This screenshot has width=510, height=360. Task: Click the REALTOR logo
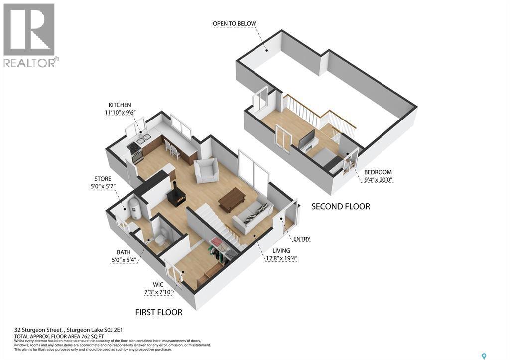click(x=30, y=35)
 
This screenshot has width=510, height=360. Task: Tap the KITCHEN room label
click(x=120, y=105)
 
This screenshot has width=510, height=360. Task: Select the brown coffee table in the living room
click(x=232, y=200)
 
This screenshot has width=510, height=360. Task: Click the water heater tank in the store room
click(x=135, y=208)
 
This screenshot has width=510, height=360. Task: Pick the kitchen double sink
click(x=144, y=138)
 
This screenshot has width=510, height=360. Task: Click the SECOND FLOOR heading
click(x=341, y=206)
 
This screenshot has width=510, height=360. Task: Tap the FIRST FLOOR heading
click(x=159, y=312)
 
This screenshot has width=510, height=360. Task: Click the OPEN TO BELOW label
click(x=234, y=23)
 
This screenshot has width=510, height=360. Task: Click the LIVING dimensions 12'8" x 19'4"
click(x=285, y=258)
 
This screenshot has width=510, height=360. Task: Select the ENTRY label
click(x=302, y=239)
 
